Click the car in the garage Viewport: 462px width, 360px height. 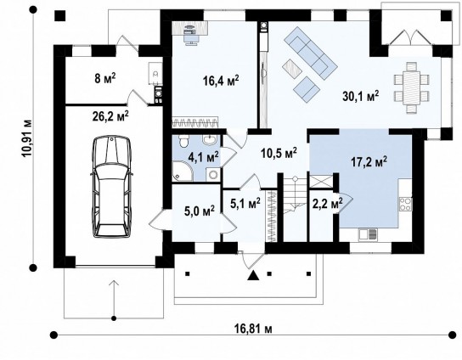tap(111, 187)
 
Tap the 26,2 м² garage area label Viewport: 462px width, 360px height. tap(110, 116)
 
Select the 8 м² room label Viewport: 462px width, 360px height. tap(105, 78)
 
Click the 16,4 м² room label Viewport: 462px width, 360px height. tap(221, 80)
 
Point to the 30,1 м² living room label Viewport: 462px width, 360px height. tap(361, 96)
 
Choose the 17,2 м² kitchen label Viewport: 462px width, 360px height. tap(369, 161)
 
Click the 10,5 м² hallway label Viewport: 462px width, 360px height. tap(279, 152)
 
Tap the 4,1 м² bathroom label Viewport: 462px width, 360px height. tap(203, 157)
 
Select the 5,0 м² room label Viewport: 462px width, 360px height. tap(200, 211)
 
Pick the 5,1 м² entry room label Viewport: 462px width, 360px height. tap(245, 203)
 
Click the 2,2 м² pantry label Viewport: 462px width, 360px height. tap(327, 203)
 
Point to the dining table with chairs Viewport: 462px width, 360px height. tap(411, 87)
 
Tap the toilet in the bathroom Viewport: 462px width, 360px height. tap(183, 141)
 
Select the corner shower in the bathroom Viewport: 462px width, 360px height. tap(182, 171)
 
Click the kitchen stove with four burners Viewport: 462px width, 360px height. tap(405, 204)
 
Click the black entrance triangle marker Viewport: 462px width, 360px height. tap(253, 275)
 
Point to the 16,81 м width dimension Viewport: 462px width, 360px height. tap(253, 329)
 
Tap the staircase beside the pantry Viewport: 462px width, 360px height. tap(295, 208)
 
